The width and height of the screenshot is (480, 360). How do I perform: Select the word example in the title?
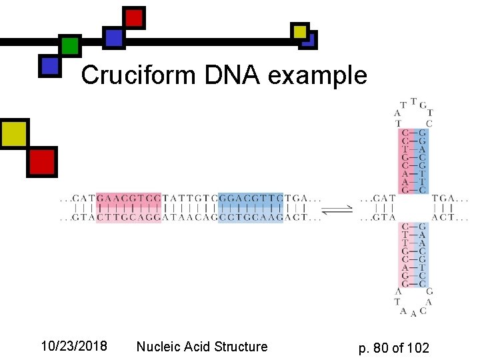(317, 75)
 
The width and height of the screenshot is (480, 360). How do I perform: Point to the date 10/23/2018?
(74, 346)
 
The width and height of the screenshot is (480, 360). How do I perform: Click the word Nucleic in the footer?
(159, 346)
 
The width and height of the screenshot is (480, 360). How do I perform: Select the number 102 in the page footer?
(418, 347)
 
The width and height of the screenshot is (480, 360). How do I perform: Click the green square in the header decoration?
(70, 46)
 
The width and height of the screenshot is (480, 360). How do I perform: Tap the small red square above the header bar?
(134, 17)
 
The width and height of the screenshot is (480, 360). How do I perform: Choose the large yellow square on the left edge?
(13, 133)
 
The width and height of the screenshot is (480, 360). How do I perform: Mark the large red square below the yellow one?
(41, 161)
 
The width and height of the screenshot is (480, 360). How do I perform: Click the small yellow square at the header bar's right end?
(300, 31)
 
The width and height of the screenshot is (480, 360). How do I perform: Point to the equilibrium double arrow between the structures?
(341, 209)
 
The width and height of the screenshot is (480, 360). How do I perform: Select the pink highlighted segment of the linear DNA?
(129, 207)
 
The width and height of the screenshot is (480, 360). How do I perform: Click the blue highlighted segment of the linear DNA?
(251, 207)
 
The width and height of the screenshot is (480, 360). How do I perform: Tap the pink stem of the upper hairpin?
(406, 161)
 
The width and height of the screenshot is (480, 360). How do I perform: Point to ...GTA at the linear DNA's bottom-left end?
(77, 217)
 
